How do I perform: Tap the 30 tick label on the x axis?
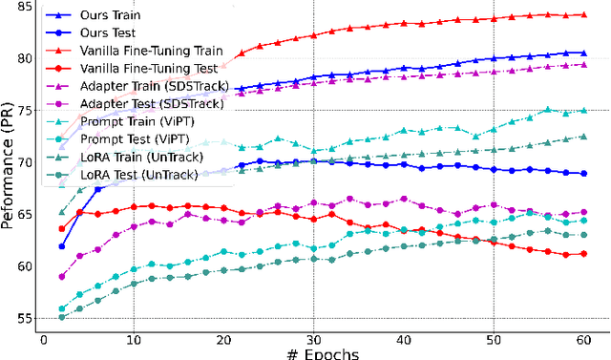[314, 338]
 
